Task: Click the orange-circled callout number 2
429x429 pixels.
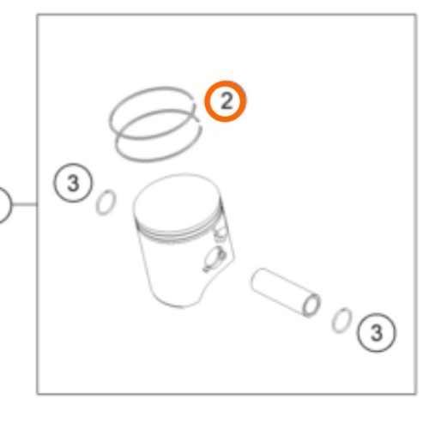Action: (226, 101)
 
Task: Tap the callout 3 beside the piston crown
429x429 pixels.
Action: (73, 183)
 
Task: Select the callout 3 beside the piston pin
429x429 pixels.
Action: (377, 332)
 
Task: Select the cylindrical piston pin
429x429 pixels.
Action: (286, 292)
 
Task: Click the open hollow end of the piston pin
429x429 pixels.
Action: (311, 305)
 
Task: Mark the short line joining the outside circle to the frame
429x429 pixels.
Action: (25, 204)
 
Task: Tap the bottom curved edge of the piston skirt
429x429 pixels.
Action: (178, 305)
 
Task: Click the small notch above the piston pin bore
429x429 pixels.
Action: (220, 234)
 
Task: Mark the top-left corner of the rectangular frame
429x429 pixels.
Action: (37, 15)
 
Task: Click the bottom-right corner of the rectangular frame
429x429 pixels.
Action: (416, 394)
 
